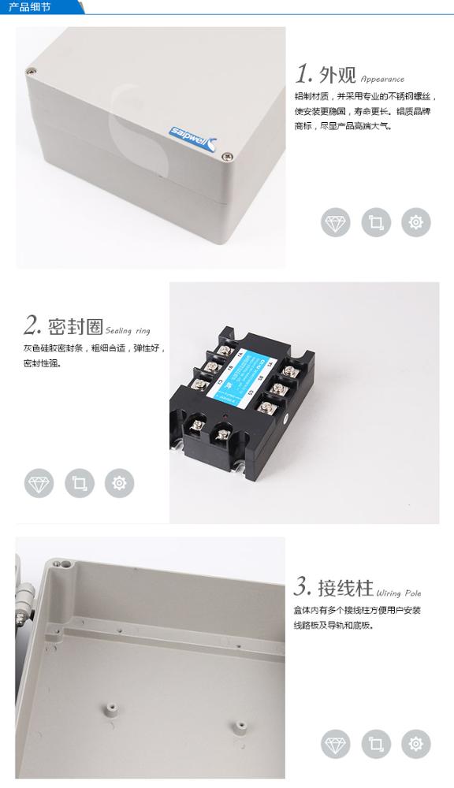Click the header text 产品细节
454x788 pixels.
29,7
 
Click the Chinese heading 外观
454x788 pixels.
337,75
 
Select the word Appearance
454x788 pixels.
382,79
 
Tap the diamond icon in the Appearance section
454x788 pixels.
335,223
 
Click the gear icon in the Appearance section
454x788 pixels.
416,223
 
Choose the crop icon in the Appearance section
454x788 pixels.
376,223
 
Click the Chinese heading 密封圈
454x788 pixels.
76,326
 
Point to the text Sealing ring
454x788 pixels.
127,331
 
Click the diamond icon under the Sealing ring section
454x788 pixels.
39,483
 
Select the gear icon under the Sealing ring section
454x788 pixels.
119,483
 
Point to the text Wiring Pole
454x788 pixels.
399,593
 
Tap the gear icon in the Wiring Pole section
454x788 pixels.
416,744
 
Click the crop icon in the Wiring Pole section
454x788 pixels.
376,744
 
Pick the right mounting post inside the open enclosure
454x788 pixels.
236,725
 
